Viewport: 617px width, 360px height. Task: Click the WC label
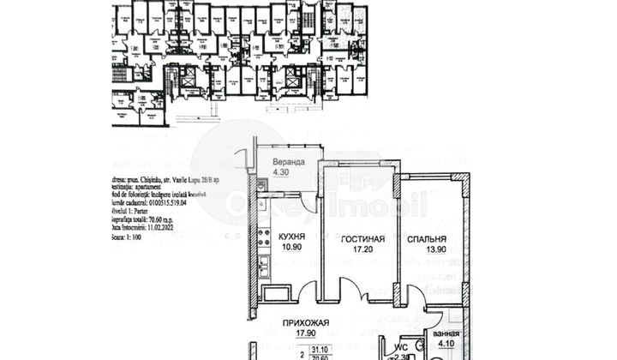pos(399,347)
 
